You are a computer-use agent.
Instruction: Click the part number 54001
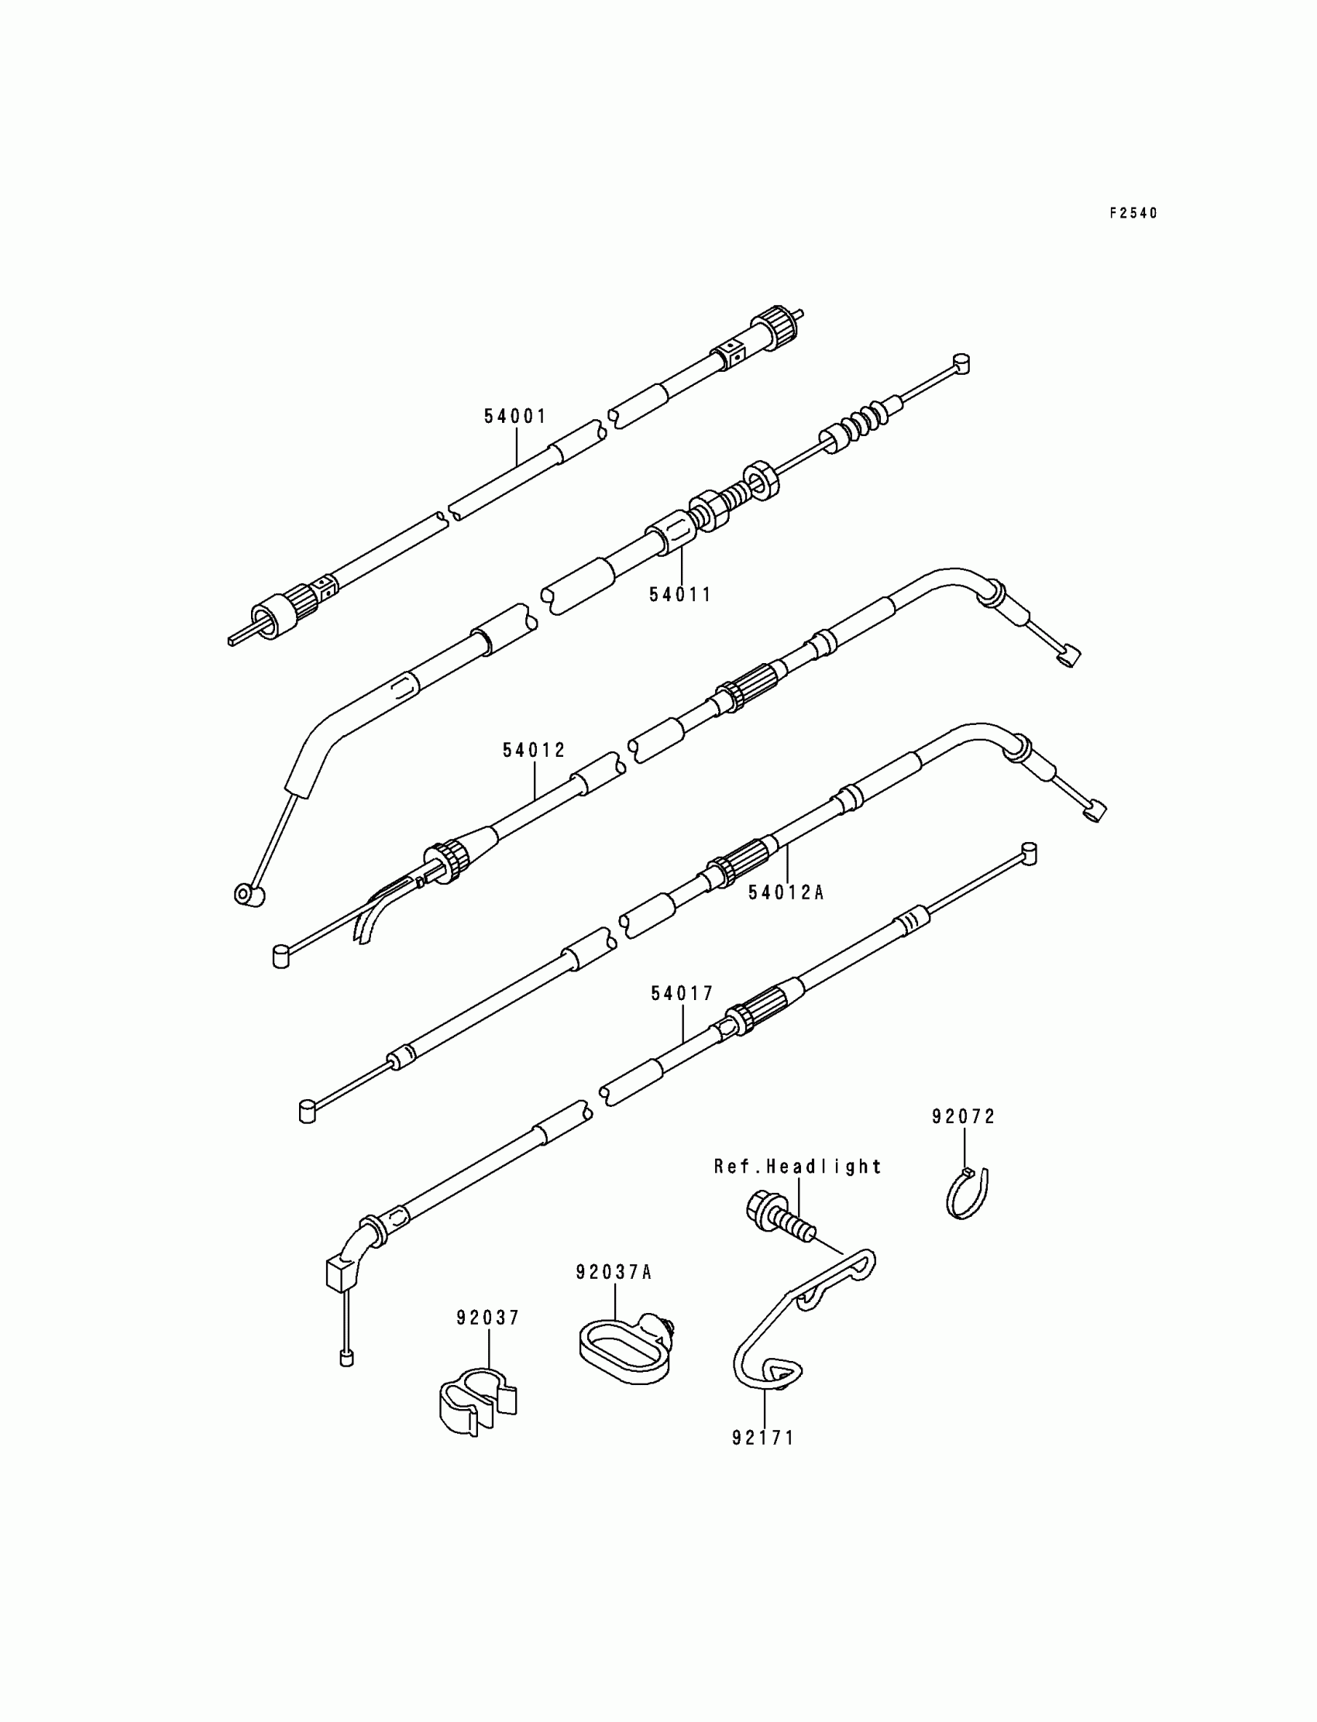pyautogui.click(x=514, y=416)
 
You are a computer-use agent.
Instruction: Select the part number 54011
pyautogui.click(x=679, y=595)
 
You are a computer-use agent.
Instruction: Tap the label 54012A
pyautogui.click(x=786, y=892)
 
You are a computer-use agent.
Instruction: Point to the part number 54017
pyautogui.click(x=682, y=994)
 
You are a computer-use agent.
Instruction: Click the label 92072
pyautogui.click(x=964, y=1117)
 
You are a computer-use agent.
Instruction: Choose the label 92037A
pyautogui.click(x=614, y=1272)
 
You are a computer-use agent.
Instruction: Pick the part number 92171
pyautogui.click(x=764, y=1438)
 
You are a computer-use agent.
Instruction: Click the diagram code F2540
pyautogui.click(x=1133, y=213)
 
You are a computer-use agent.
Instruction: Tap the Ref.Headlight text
pyautogui.click(x=797, y=1167)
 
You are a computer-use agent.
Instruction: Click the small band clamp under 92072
pyautogui.click(x=968, y=1193)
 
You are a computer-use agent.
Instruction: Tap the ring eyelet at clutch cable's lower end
pyautogui.click(x=249, y=895)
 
